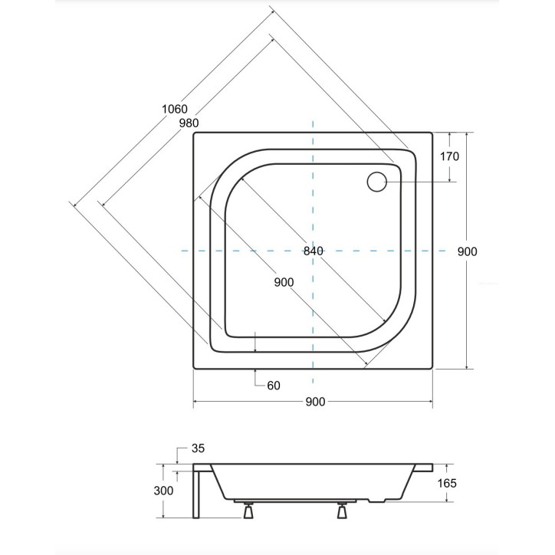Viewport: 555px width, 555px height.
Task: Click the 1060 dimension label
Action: coord(174,110)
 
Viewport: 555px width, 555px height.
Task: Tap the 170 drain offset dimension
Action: coord(449,156)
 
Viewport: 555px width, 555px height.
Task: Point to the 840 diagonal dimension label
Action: coord(314,251)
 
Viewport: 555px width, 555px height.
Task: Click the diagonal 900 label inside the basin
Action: coord(283,282)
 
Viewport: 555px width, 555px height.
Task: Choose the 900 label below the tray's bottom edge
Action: coord(315,402)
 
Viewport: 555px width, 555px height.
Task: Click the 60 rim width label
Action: coord(274,385)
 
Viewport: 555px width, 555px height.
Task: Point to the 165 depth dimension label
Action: coord(448,483)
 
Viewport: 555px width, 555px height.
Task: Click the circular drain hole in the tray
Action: coord(377,182)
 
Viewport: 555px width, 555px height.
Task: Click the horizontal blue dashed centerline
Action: coord(230,251)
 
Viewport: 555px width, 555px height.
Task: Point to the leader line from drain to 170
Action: coord(422,182)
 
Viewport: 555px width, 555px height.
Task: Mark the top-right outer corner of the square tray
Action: coord(432,132)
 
